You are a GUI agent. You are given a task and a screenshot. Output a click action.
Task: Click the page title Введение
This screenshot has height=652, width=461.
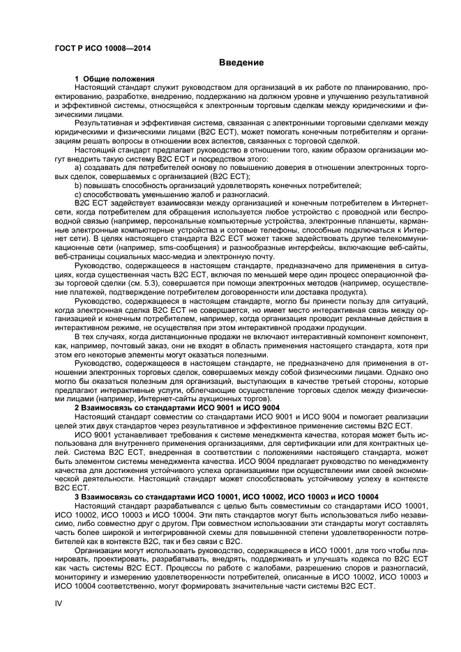pos(241,63)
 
